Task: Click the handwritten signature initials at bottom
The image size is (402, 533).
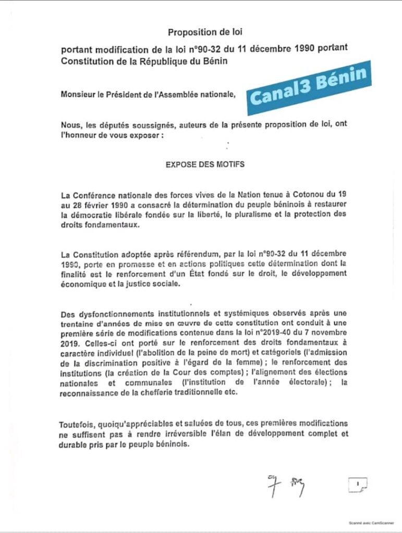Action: pyautogui.click(x=285, y=485)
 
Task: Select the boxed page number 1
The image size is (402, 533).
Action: pyautogui.click(x=358, y=485)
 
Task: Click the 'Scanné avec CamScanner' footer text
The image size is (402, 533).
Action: pyautogui.click(x=368, y=522)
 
